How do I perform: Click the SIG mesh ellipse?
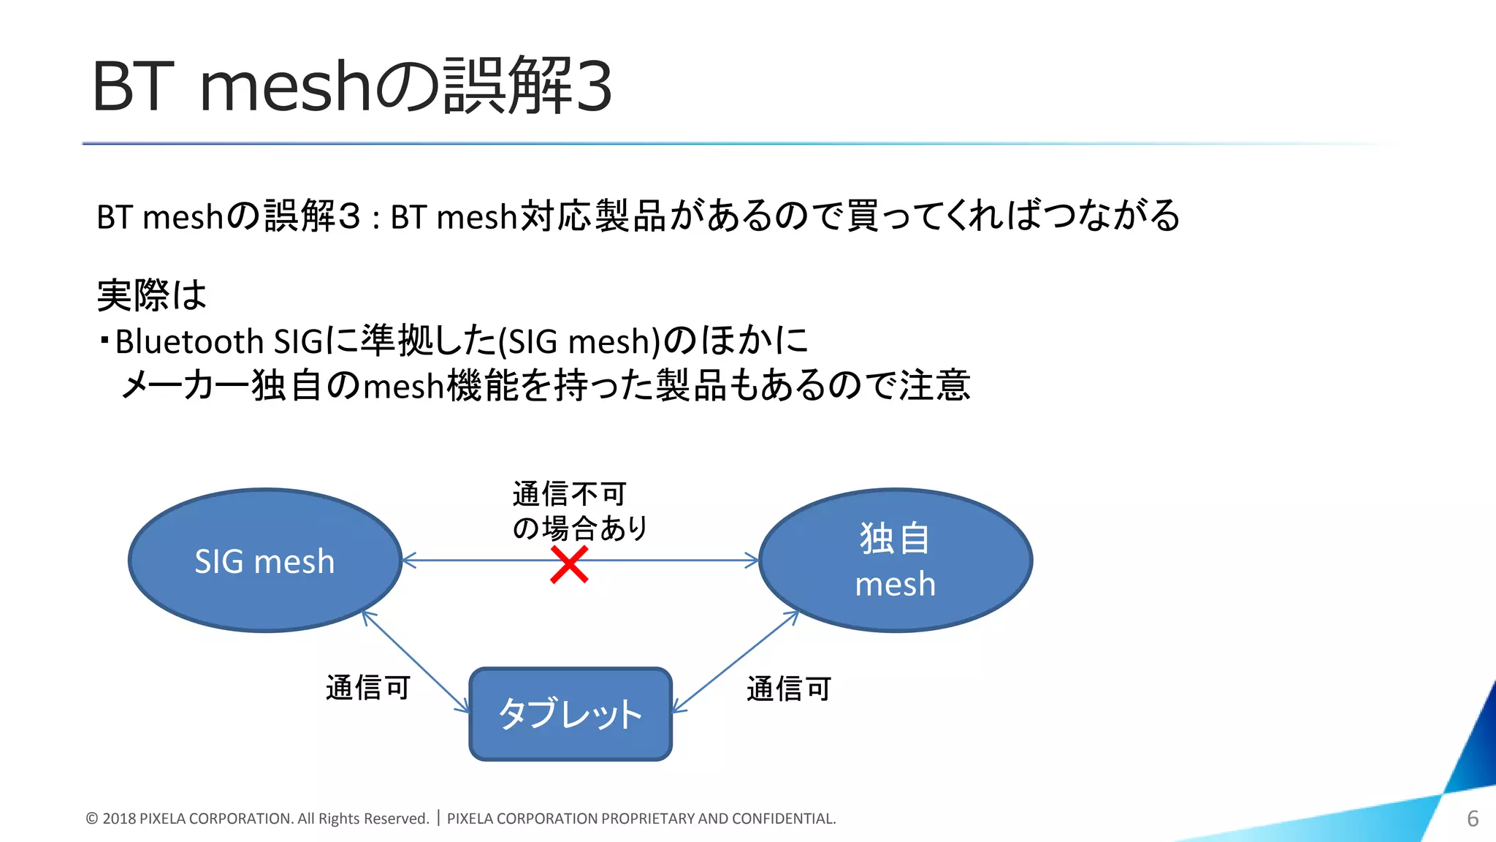(x=264, y=561)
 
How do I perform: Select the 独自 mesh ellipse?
(x=895, y=561)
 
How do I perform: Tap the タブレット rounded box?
(x=570, y=714)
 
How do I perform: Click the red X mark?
(x=569, y=565)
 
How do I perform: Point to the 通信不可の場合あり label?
(x=579, y=511)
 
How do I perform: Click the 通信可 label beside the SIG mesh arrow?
(x=368, y=688)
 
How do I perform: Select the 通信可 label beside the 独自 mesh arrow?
(x=789, y=689)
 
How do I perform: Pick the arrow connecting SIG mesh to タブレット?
(x=416, y=661)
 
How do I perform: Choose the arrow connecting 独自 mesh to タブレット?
(x=734, y=661)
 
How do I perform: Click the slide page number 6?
(x=1473, y=819)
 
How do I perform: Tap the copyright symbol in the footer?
(x=92, y=819)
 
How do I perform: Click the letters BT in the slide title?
(x=133, y=87)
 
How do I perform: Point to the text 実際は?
(x=152, y=295)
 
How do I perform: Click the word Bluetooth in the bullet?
(x=189, y=341)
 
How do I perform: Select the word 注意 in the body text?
(x=935, y=385)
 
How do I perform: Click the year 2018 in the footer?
(x=119, y=819)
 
